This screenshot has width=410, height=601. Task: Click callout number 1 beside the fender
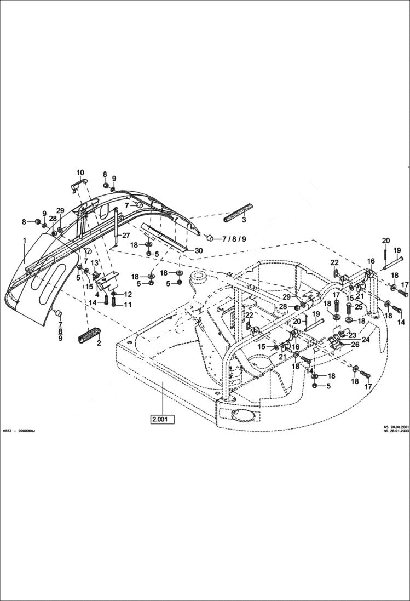click(24, 240)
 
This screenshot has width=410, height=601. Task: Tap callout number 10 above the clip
click(80, 172)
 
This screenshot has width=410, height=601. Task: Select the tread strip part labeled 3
click(239, 212)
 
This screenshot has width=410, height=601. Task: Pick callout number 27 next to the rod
click(125, 236)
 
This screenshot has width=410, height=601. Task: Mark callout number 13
click(95, 262)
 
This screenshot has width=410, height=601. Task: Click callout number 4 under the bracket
click(97, 294)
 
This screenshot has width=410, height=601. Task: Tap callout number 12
click(128, 295)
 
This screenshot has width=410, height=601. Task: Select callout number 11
click(128, 305)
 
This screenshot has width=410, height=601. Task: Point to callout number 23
click(352, 335)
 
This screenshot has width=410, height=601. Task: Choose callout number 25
click(359, 307)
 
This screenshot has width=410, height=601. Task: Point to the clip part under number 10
click(80, 185)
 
